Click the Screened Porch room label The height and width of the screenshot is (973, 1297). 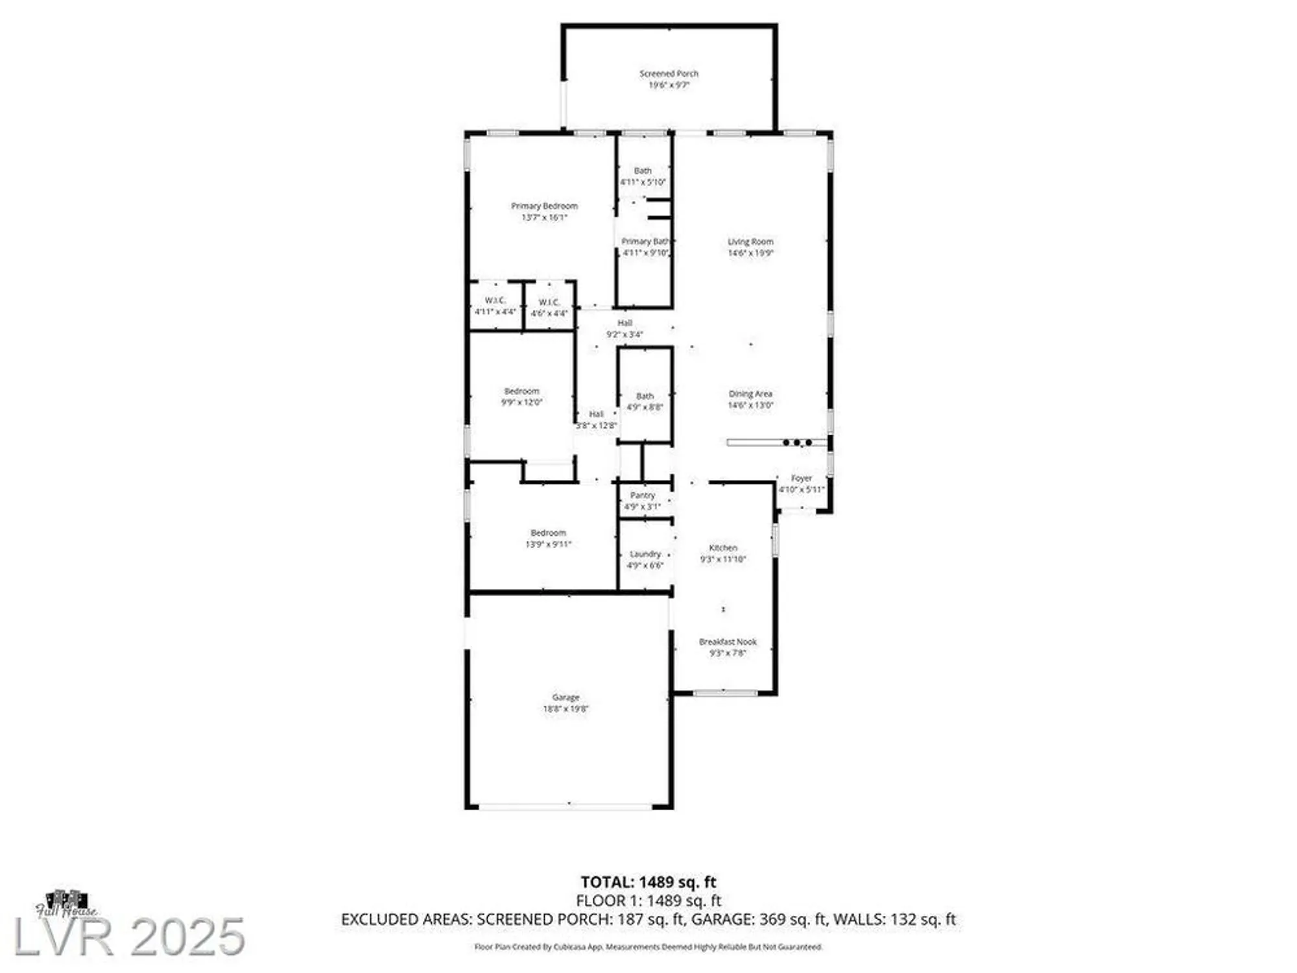[x=669, y=74]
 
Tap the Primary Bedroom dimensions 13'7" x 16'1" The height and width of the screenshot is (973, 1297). [x=544, y=217]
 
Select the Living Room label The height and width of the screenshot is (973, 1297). [x=750, y=241]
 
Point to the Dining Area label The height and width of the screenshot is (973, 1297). [x=750, y=394]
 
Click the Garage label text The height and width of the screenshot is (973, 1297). [x=565, y=697]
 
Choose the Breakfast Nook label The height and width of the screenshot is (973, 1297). [x=728, y=642]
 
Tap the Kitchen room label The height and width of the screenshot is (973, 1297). [x=723, y=547]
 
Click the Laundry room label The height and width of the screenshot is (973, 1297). [x=645, y=554]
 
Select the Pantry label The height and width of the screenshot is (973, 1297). [x=642, y=495]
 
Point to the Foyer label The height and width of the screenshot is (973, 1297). [x=802, y=478]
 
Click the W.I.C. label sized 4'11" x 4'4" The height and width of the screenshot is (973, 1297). [x=495, y=300]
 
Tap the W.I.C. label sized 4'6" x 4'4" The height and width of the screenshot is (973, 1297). [x=549, y=302]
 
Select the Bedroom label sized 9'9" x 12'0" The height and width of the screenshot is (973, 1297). [x=521, y=391]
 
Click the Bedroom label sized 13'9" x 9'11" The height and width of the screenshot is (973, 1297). [x=548, y=533]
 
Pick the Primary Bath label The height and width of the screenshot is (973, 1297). [x=645, y=241]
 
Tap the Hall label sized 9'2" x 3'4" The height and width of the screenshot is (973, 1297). [x=625, y=323]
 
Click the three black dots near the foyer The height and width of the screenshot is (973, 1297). [x=797, y=442]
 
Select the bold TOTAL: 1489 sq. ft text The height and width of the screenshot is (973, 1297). [x=648, y=882]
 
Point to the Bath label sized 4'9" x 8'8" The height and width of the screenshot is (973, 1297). [x=645, y=396]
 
